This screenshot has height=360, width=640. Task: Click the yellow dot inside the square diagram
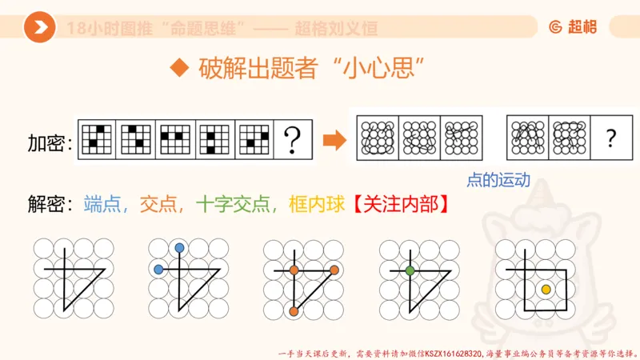tap(546, 289)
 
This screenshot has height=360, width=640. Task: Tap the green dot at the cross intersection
tap(410, 270)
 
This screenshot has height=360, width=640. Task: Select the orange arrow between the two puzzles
tap(333, 142)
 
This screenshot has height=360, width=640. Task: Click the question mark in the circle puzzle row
tap(611, 138)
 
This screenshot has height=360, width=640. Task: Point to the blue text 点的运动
tap(498, 180)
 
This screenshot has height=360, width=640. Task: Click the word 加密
tap(47, 143)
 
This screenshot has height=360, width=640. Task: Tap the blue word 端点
tap(106, 204)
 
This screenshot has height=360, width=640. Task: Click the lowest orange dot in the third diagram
tap(294, 310)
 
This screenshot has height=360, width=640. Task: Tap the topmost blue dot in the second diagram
tap(179, 248)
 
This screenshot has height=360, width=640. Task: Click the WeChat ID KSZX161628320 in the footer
tap(453, 352)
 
